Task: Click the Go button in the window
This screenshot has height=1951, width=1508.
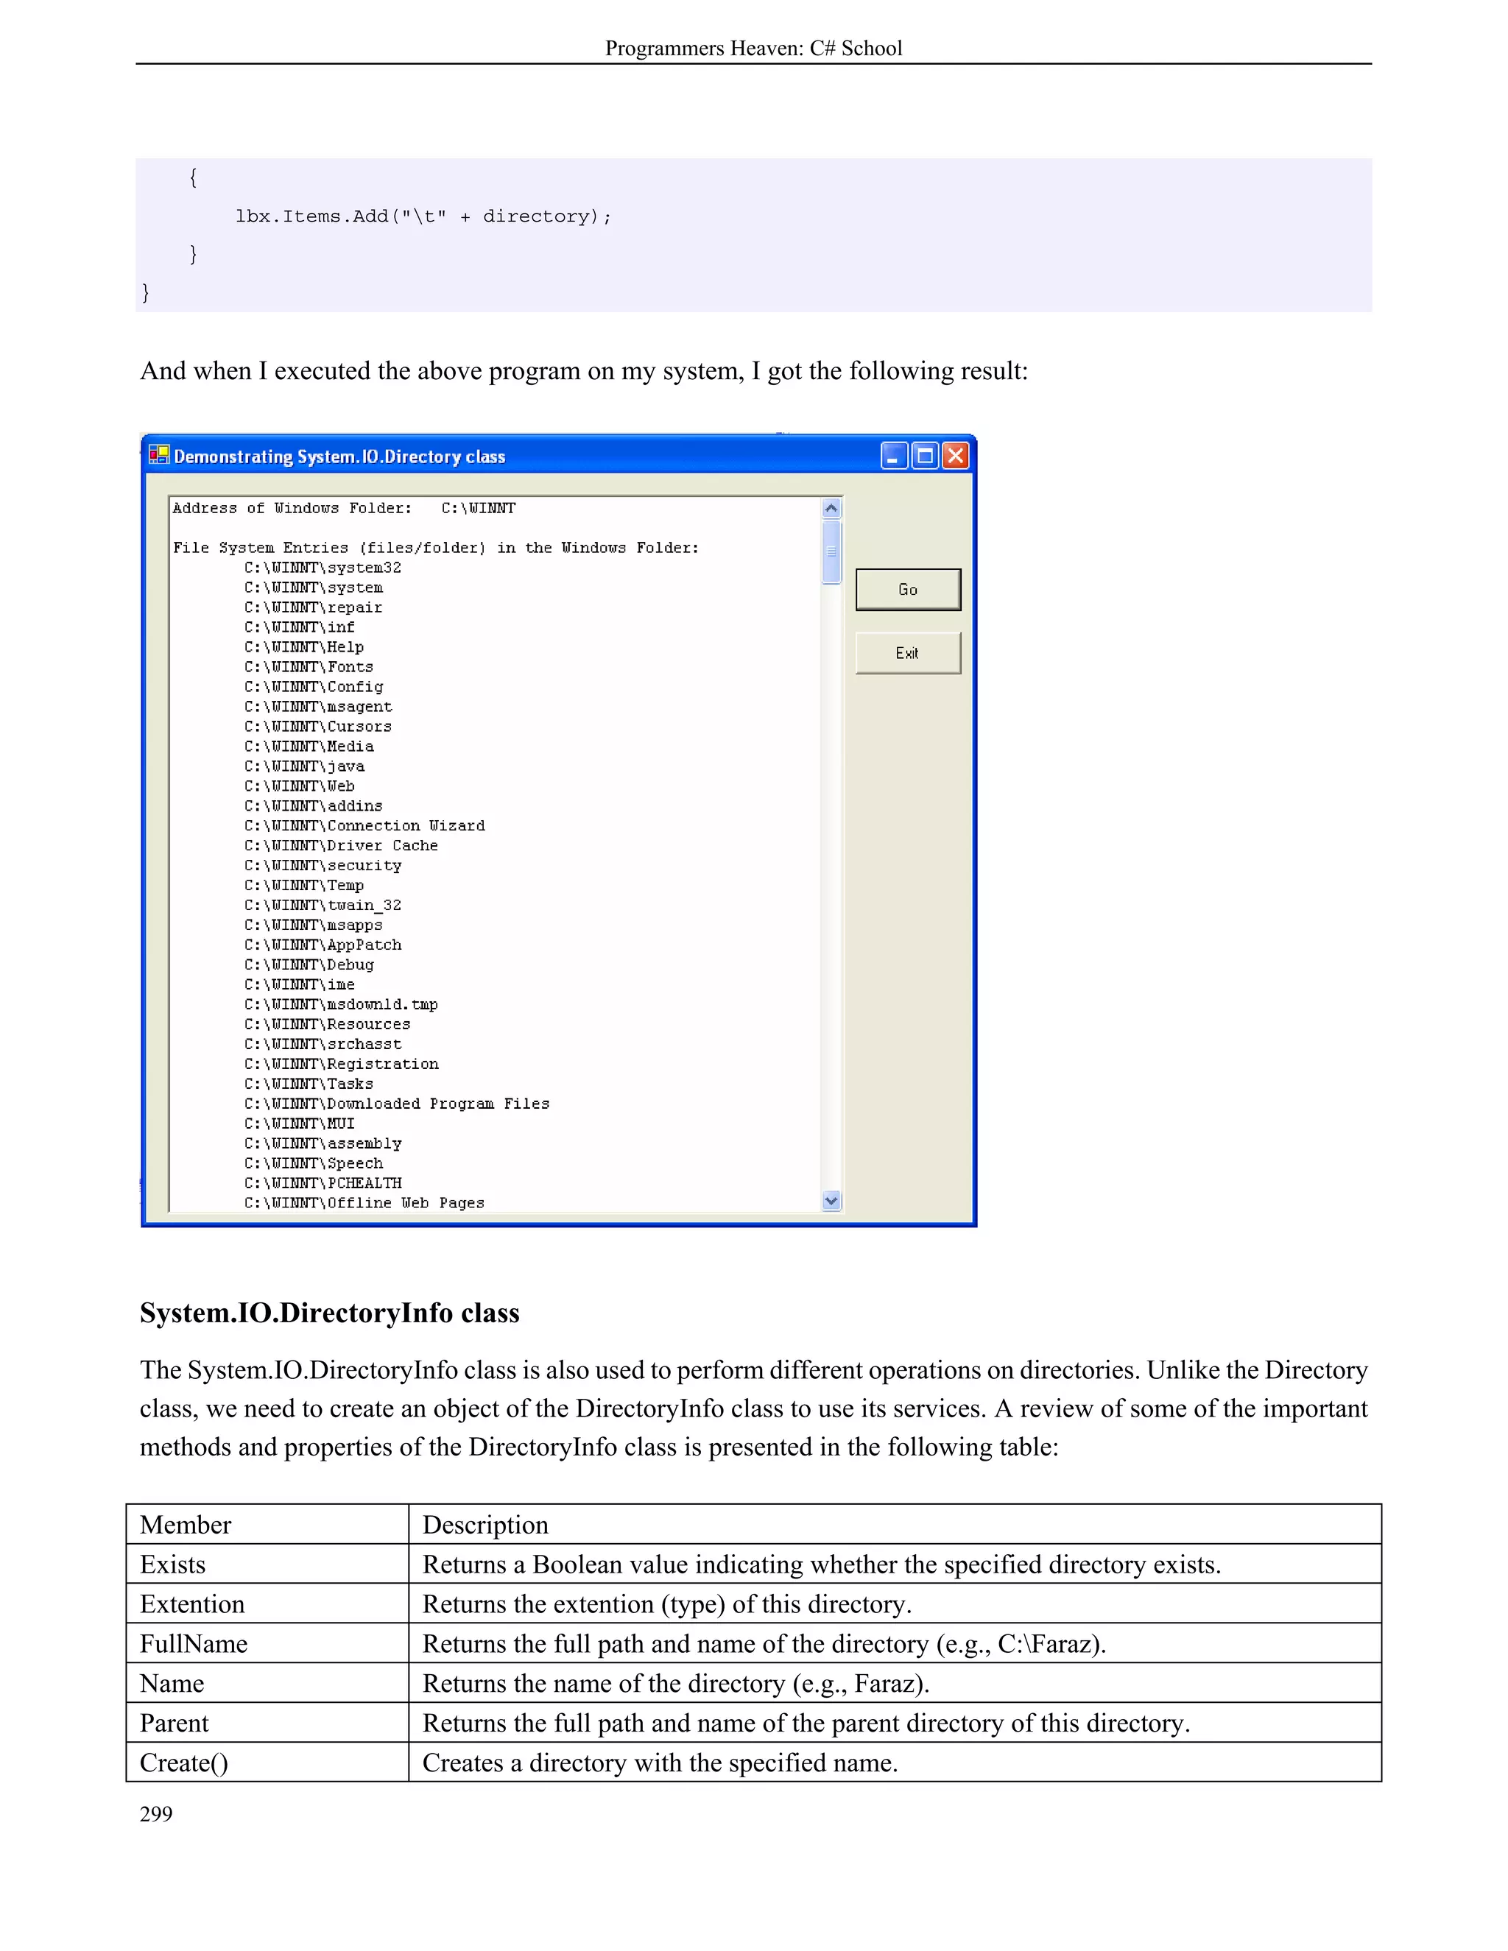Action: coord(908,590)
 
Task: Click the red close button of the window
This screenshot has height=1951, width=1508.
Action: coord(956,456)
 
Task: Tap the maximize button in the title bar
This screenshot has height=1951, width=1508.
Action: coord(926,456)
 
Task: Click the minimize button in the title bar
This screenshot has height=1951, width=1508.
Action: coord(894,456)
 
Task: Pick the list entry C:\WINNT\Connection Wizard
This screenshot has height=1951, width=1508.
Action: coord(364,826)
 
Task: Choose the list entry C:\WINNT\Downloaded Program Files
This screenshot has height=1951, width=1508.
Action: coord(397,1104)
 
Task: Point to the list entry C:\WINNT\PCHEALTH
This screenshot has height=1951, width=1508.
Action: coord(323,1184)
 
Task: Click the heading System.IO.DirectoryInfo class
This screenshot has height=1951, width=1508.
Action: coord(330,1313)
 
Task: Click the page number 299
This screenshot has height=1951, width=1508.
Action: coord(156,1814)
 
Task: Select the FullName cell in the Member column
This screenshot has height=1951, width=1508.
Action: coord(194,1644)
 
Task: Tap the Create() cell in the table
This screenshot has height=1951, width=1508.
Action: coord(184,1763)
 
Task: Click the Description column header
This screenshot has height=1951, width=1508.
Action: coord(485,1525)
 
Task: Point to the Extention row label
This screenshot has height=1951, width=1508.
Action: coord(192,1604)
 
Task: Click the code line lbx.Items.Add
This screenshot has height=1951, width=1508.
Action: coord(423,216)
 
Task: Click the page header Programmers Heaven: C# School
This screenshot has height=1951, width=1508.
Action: coord(753,49)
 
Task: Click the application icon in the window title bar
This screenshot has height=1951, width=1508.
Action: coord(159,455)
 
